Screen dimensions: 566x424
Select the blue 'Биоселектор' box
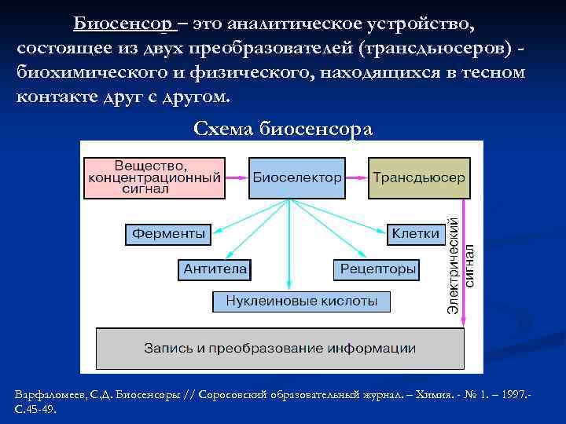pyautogui.click(x=297, y=177)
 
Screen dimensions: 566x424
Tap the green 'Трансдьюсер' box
pyautogui.click(x=419, y=177)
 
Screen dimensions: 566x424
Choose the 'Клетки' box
pyautogui.click(x=415, y=233)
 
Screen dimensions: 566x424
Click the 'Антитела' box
pyautogui.click(x=215, y=269)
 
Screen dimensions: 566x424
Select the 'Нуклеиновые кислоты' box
pyautogui.click(x=302, y=301)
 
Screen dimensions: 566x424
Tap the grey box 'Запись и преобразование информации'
pyautogui.click(x=279, y=348)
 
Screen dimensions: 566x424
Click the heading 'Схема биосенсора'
pyautogui.click(x=283, y=129)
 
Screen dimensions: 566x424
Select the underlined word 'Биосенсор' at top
pyautogui.click(x=124, y=24)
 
